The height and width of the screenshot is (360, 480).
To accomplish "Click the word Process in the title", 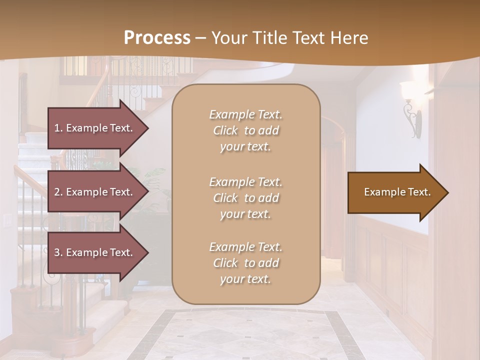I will (x=157, y=38).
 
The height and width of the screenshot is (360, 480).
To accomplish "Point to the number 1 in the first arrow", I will (x=57, y=128).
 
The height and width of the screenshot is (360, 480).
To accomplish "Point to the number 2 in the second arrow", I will (x=57, y=192).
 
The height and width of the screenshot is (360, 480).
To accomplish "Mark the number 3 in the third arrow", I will (x=57, y=252).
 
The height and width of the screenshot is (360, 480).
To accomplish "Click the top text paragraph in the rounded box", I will (x=245, y=130).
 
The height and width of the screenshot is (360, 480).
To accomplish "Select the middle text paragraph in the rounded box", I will (x=245, y=198).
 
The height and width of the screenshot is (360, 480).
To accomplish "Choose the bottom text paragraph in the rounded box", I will (x=245, y=263).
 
